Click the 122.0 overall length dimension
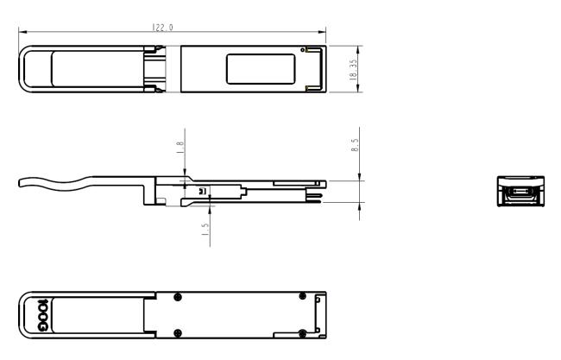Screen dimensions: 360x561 (163, 28)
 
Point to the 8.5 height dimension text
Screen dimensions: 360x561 (355, 145)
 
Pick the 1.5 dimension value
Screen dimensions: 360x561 (204, 231)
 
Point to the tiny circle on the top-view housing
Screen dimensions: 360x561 (304, 51)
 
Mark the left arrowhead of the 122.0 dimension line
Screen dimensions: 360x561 (21, 34)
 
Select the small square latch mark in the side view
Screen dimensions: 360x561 (202, 191)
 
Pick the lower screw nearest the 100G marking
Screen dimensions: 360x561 (177, 332)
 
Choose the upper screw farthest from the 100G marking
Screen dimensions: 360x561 (301, 296)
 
